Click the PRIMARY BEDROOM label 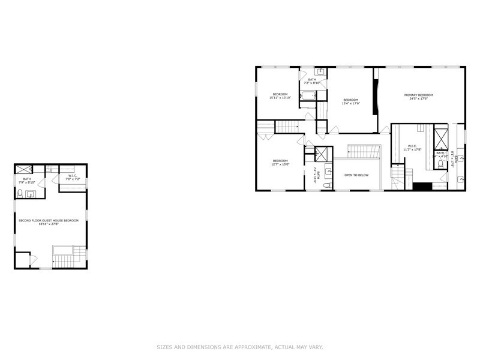point(418,95)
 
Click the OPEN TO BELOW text point(356,175)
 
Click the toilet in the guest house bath point(20,193)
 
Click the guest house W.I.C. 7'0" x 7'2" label point(72,178)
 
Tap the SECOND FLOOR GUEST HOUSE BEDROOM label point(49,221)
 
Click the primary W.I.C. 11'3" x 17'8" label point(412,148)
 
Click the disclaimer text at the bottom point(240,347)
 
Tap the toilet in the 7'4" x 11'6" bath point(327,185)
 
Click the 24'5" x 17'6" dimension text point(418,100)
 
